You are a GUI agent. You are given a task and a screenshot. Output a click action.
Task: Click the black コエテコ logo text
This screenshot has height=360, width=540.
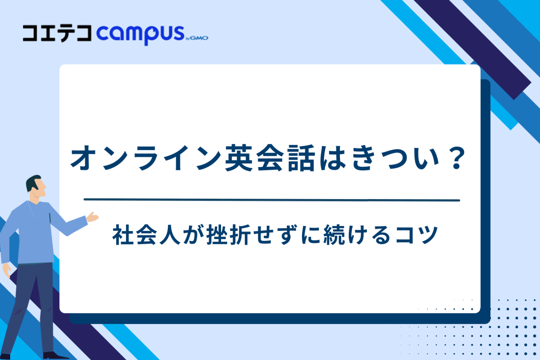coord(57,33)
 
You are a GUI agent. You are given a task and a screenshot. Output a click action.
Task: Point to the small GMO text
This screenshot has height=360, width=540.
coord(199,38)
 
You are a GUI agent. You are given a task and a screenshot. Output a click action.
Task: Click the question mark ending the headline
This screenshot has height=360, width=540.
coord(457,158)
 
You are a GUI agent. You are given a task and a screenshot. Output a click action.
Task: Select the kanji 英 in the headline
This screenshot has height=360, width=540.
coord(240,158)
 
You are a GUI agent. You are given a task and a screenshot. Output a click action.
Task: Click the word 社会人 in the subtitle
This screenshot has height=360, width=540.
coord(147,235)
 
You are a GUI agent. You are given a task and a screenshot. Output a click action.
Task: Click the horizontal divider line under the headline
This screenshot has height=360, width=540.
coord(272,200)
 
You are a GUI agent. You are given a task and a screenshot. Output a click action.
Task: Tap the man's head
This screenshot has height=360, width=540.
coord(36,187)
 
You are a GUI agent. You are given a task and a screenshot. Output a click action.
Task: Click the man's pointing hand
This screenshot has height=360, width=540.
coord(93,217)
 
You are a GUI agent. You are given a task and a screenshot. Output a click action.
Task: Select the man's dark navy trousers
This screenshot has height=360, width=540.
coord(29,301)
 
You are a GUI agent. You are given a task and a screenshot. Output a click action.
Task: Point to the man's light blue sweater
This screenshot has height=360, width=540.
coord(35,235)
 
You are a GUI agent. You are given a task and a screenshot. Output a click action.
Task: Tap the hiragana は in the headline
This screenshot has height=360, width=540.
coord(332,158)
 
